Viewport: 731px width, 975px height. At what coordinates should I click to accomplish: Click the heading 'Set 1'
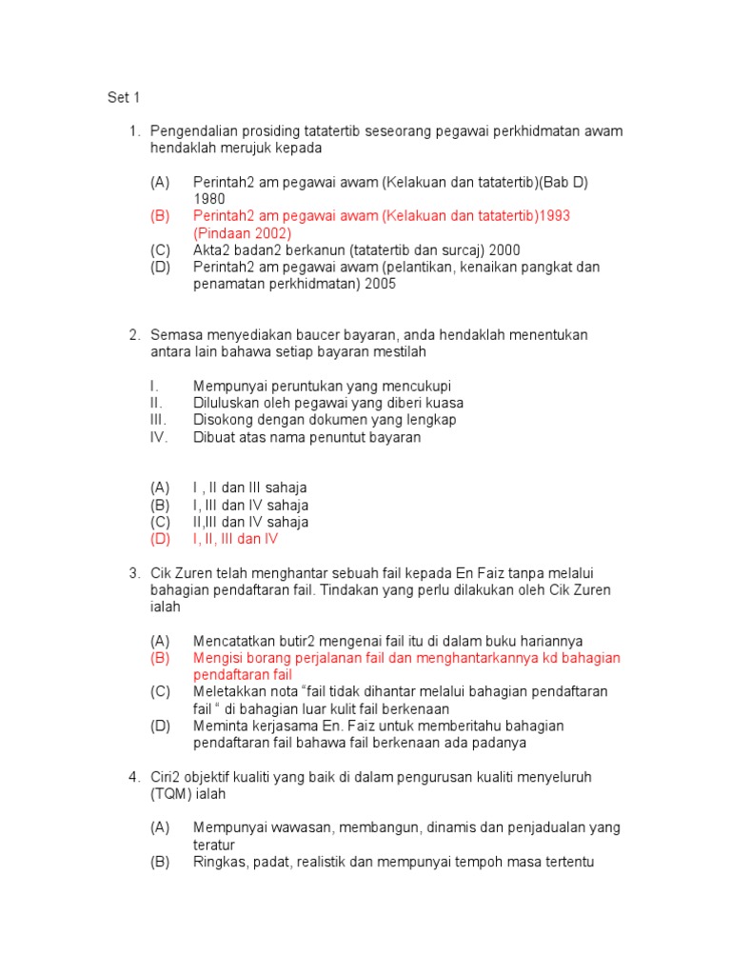click(x=123, y=97)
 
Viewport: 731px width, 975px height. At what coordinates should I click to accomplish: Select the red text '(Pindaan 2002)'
click(x=242, y=233)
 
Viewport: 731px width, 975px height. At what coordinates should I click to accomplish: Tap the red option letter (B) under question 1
click(x=160, y=216)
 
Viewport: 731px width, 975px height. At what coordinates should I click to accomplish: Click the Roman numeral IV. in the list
click(x=158, y=438)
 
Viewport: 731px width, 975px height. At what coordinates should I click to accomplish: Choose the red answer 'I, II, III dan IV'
click(x=235, y=540)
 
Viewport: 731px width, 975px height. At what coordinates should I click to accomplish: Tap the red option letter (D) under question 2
click(x=160, y=540)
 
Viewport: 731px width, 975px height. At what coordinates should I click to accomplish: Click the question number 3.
click(x=134, y=573)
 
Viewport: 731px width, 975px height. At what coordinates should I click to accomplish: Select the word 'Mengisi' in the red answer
click(x=217, y=658)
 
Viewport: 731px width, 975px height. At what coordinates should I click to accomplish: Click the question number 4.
click(x=134, y=777)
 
